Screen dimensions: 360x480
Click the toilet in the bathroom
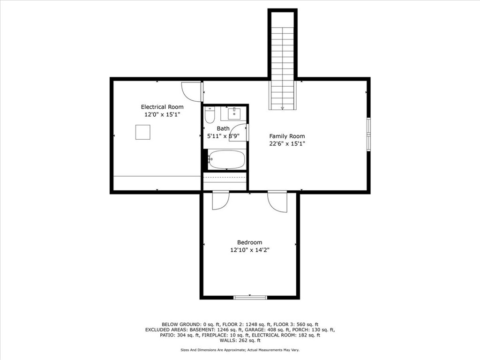[x=210, y=115]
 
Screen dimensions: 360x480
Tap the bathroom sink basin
[x=234, y=113]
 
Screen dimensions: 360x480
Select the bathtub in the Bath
[x=226, y=159]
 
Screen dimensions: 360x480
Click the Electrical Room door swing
[x=192, y=92]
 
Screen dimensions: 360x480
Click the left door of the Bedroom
[x=220, y=200]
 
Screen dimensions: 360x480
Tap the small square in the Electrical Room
[x=142, y=132]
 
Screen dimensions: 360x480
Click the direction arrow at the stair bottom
[x=283, y=107]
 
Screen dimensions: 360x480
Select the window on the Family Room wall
[x=368, y=134]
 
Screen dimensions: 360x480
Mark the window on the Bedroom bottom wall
[x=250, y=297]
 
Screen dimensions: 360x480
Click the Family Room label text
[x=287, y=136]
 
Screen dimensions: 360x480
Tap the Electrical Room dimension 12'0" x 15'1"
[x=162, y=114]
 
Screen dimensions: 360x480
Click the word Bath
[x=223, y=128]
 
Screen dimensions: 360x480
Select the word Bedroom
[x=249, y=242]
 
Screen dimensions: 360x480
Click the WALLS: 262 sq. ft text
[x=240, y=341]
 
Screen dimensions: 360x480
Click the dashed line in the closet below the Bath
[x=225, y=179]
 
